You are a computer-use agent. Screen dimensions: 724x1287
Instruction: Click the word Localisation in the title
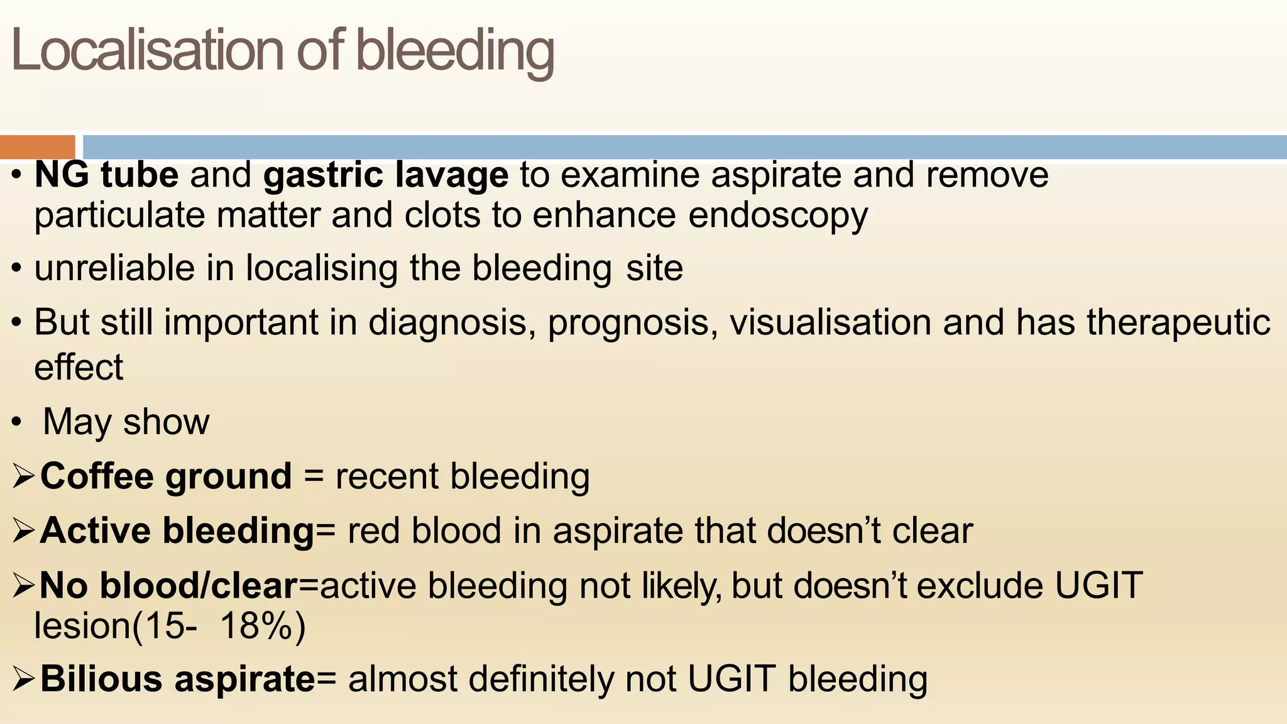[x=148, y=50]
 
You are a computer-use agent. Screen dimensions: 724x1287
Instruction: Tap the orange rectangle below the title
[x=37, y=147]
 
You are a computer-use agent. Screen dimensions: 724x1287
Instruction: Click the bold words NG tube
[x=106, y=175]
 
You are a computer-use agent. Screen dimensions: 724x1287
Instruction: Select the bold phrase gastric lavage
[x=386, y=175]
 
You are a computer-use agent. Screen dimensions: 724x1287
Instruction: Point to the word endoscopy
[x=778, y=216]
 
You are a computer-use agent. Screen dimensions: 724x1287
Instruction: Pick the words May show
[x=126, y=422]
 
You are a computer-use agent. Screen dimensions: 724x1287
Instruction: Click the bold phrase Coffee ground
[x=166, y=476]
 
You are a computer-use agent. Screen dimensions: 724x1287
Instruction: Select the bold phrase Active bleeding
[x=177, y=531]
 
